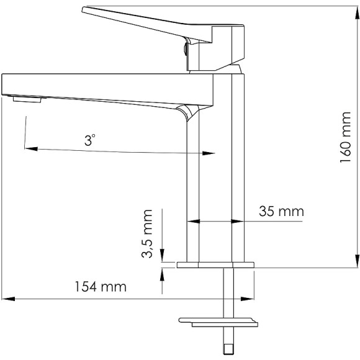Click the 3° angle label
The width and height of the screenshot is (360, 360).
point(91,141)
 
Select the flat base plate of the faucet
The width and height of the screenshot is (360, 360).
point(215,265)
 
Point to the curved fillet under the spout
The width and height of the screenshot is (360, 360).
point(187,112)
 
